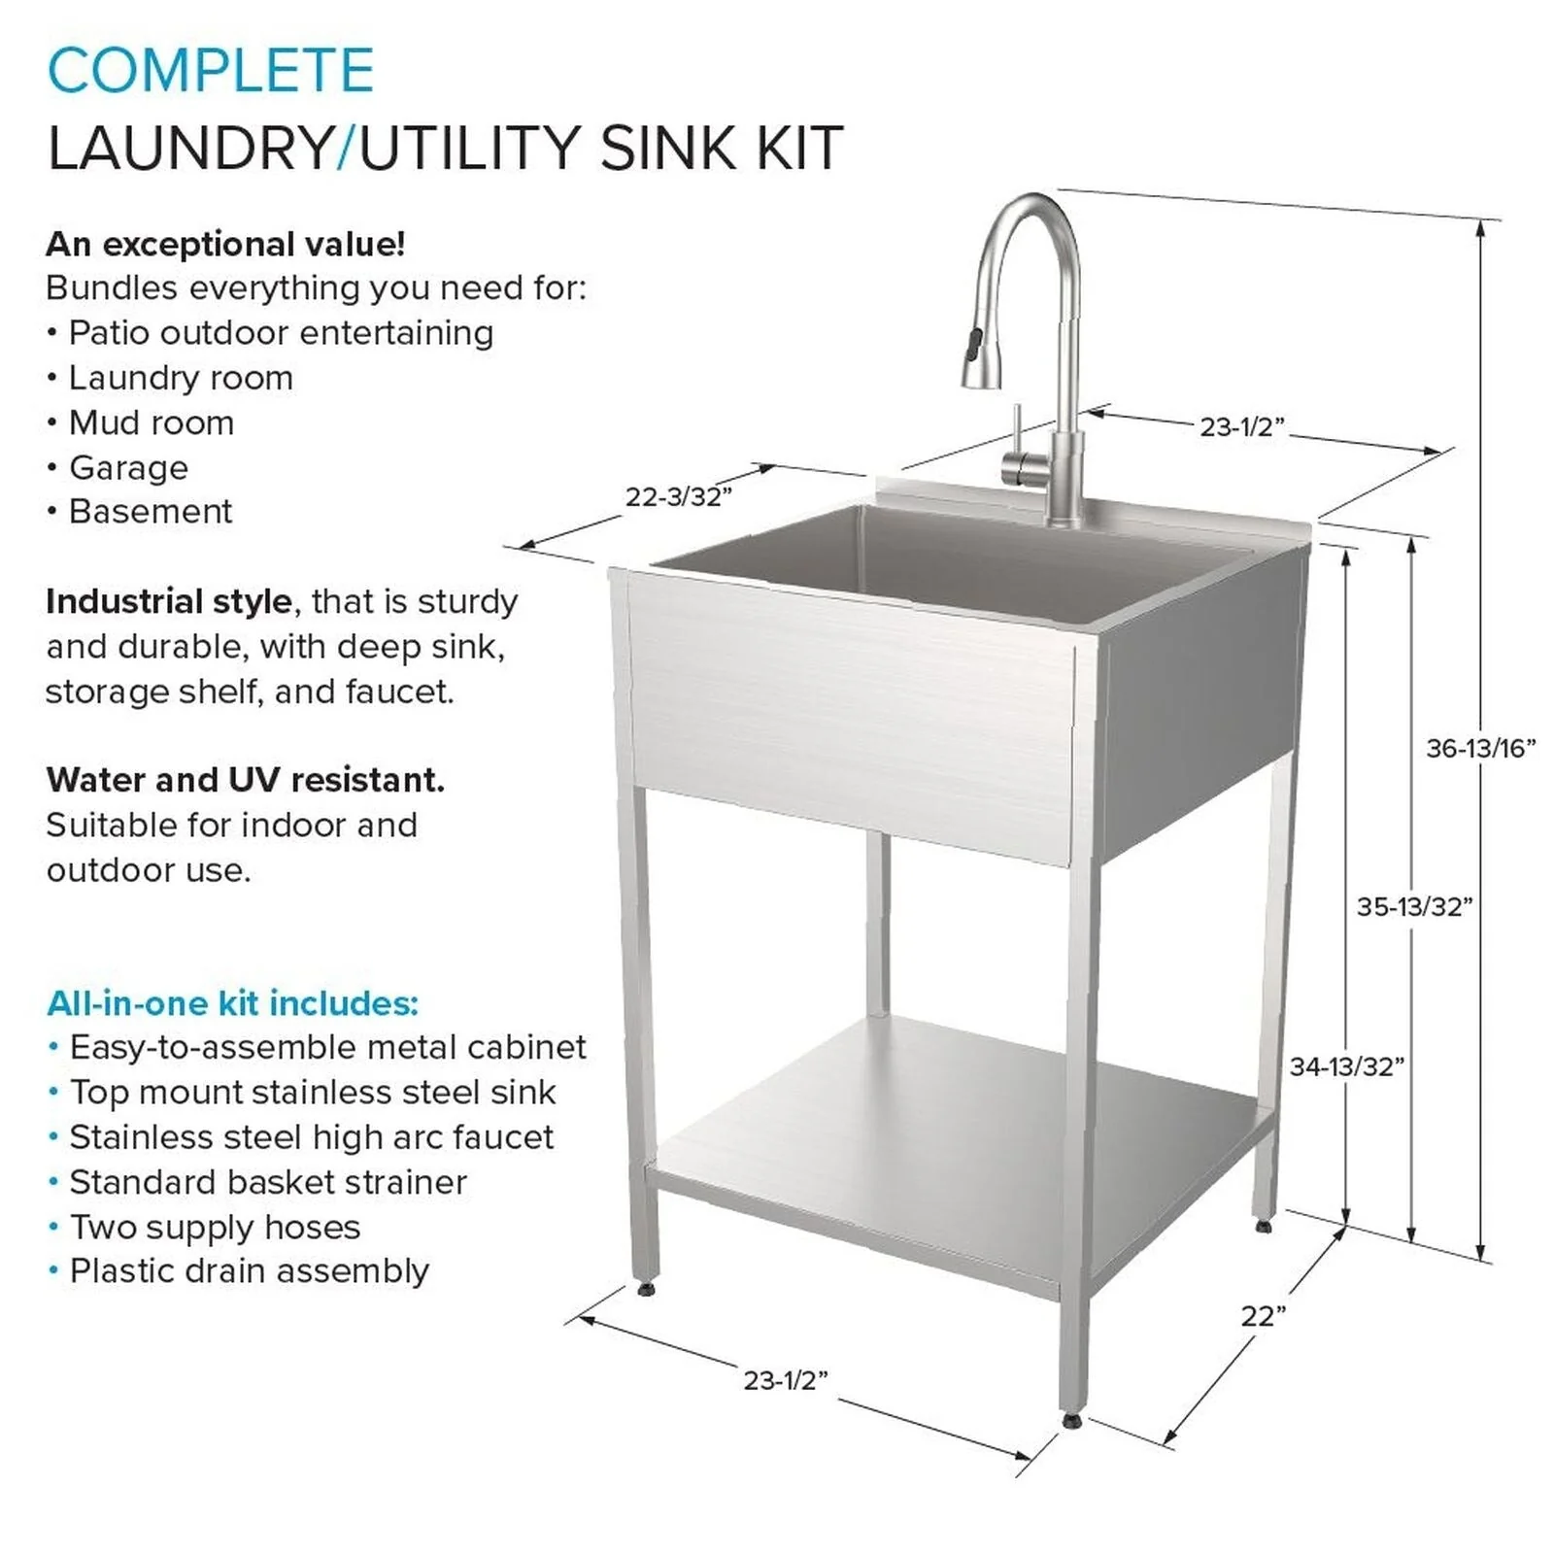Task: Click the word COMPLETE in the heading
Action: point(210,70)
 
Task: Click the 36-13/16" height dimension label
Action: point(1480,748)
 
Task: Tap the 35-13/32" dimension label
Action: point(1414,906)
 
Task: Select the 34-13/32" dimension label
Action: point(1346,1066)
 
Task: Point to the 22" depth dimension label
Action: point(1263,1316)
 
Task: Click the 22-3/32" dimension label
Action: point(678,496)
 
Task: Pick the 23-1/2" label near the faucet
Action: point(1241,426)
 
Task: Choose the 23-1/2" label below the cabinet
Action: point(785,1380)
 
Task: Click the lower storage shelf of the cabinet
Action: point(962,1127)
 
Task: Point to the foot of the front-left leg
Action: point(645,1287)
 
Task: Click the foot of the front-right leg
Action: point(1071,1420)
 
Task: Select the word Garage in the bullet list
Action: point(128,468)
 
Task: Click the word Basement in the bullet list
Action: point(151,512)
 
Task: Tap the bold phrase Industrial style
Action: point(168,601)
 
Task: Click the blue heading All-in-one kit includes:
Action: point(232,1002)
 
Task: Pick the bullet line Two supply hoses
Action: point(215,1227)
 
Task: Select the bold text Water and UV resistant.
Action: point(245,780)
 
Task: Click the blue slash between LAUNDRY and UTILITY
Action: point(346,149)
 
